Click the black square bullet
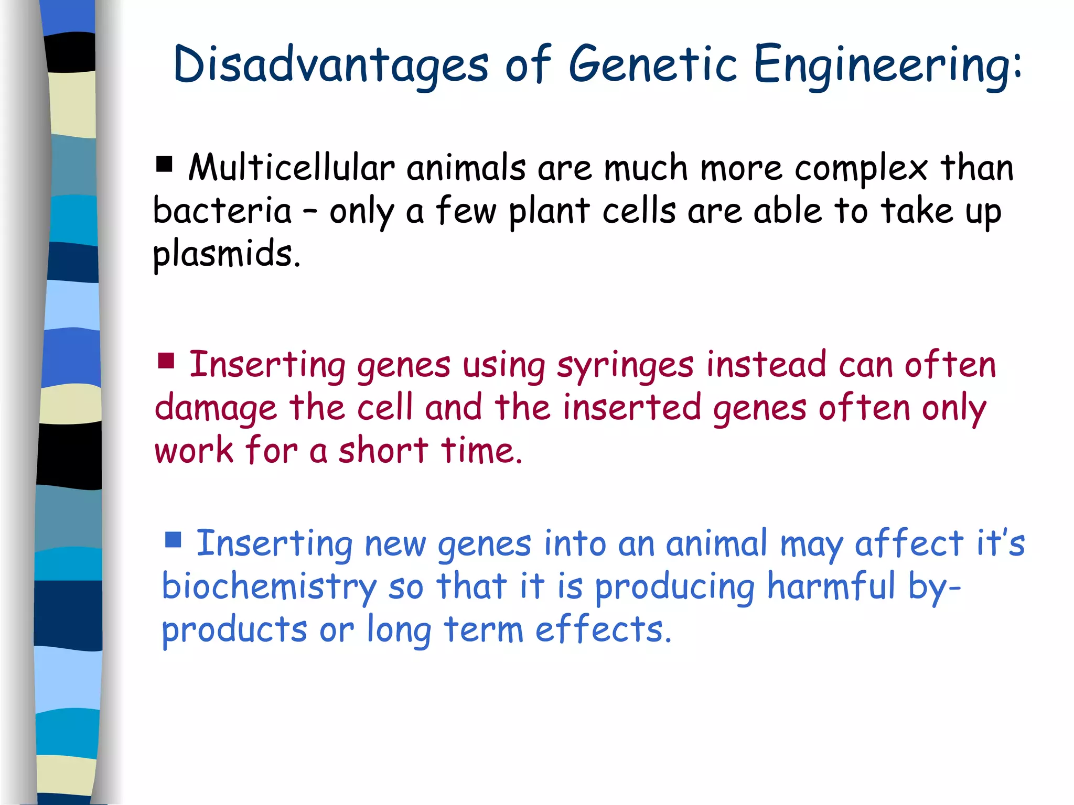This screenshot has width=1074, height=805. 164,165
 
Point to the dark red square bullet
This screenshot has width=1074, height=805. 166,361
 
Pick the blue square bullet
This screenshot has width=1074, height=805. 173,539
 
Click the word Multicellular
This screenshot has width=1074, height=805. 291,168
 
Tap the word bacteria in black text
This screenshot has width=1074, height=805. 222,211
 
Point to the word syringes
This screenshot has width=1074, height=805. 625,365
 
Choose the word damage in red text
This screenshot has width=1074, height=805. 216,408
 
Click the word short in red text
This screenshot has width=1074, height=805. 383,450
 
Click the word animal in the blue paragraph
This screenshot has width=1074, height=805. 716,543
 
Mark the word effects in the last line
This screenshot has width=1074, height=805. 603,629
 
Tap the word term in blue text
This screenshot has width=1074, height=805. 483,629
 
